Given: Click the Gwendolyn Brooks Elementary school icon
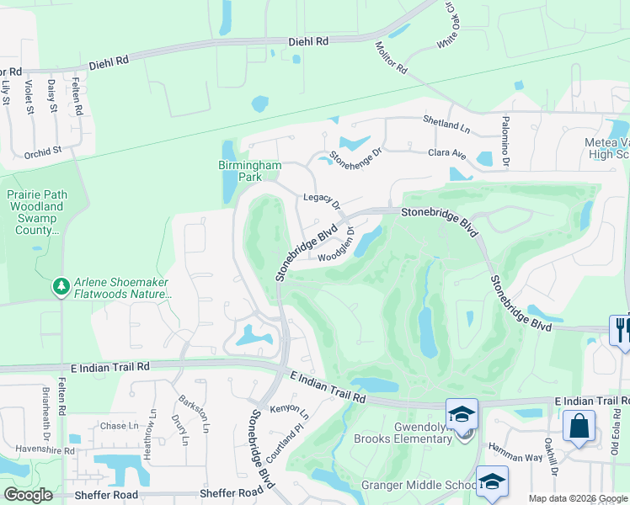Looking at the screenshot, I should (x=462, y=414).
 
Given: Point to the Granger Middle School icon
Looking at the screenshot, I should (x=492, y=481).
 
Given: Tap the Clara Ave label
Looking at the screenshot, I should (x=447, y=154).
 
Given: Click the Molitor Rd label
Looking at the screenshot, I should (x=392, y=56).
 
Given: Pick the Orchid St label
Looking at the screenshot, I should (x=44, y=151).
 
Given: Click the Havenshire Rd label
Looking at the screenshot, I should (x=39, y=450).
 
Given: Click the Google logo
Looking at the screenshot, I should (x=29, y=495).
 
